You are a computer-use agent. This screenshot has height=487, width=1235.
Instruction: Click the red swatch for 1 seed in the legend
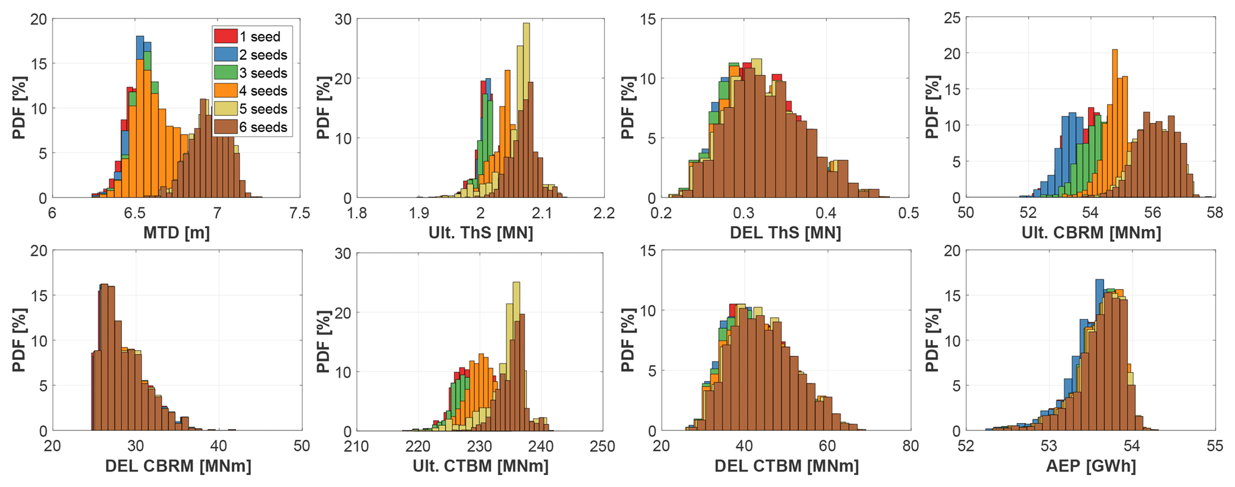(225, 36)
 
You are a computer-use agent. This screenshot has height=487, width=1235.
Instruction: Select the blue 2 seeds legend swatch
(225, 54)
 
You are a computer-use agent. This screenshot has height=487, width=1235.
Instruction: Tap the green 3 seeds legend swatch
(225, 73)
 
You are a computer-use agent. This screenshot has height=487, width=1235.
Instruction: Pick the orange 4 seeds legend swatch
(225, 91)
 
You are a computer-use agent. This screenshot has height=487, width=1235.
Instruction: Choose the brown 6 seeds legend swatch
(225, 127)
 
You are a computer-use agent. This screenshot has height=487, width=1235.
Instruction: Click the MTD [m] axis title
(176, 233)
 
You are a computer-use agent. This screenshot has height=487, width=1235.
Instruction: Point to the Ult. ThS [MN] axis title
(480, 233)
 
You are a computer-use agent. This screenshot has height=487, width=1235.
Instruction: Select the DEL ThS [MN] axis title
(785, 233)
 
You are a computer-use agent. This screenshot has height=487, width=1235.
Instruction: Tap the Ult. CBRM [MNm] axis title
(1091, 233)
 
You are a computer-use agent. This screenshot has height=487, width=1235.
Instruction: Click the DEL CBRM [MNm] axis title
(177, 466)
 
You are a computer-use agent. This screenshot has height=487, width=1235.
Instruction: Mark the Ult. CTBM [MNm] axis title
(480, 466)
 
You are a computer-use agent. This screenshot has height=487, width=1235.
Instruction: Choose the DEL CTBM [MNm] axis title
(786, 466)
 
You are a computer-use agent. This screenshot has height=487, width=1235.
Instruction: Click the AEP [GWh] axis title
(1091, 466)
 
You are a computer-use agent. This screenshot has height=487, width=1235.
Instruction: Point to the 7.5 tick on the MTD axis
(299, 213)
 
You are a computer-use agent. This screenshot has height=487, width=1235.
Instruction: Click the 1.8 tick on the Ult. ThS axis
(357, 213)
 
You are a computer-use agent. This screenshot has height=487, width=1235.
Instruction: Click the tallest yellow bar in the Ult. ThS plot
(526, 108)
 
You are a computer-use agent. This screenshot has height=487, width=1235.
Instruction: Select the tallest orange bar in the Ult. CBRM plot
(1115, 120)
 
